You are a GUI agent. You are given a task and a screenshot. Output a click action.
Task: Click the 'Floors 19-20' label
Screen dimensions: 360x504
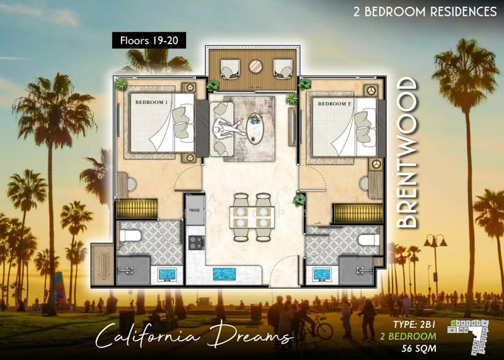pos(144,42)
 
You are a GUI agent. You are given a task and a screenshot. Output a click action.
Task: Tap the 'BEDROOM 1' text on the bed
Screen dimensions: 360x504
pos(151,102)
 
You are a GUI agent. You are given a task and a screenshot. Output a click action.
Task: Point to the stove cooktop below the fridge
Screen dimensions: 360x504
pos(193,242)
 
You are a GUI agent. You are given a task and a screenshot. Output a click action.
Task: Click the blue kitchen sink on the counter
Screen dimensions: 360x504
pos(224,274)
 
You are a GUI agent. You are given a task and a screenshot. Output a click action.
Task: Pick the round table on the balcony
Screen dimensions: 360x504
pos(256,66)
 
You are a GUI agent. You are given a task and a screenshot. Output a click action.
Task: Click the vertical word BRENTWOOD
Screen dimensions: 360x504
pos(408,153)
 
